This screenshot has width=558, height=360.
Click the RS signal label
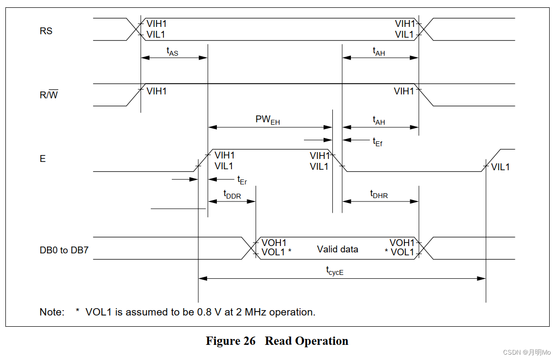46,31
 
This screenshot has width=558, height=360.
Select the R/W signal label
48,95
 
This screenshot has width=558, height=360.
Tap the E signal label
43,159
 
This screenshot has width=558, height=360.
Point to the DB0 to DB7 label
64,251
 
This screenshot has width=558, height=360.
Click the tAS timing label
172,51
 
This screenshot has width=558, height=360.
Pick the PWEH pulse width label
268,120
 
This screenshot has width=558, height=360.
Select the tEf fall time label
377,142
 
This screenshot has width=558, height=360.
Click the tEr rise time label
242,180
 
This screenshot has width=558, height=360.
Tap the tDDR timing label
232,194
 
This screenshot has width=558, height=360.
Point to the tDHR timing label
379,194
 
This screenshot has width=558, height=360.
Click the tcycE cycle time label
335,270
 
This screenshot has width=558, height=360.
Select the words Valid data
337,249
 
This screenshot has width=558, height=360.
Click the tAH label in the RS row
379,51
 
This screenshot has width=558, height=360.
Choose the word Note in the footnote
51,312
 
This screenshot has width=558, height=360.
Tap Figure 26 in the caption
231,341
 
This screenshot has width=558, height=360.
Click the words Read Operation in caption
306,341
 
